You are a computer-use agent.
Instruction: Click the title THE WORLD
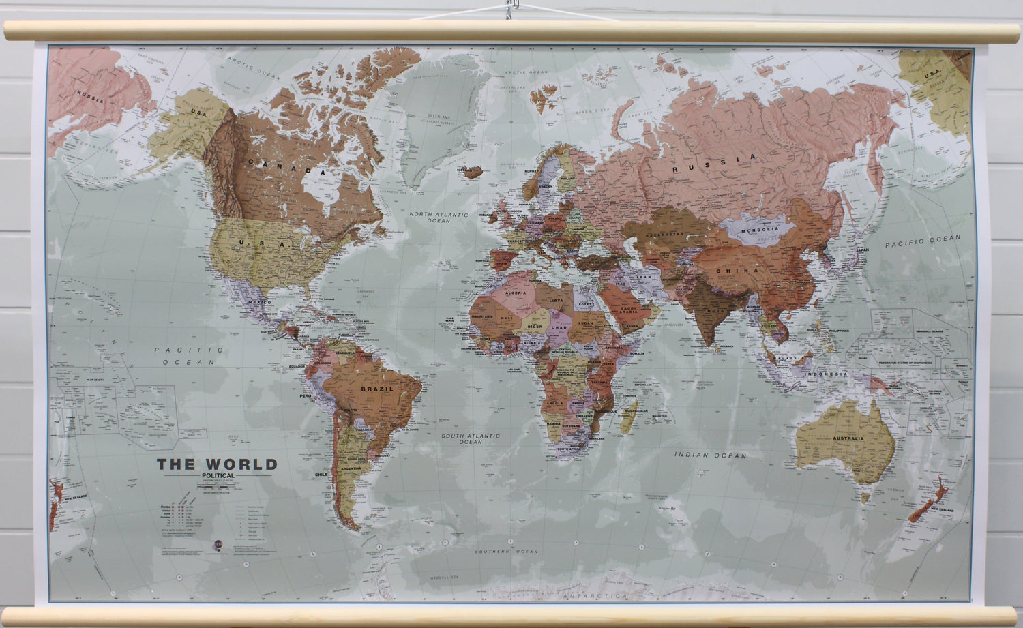[217, 464]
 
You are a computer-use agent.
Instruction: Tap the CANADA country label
[287, 167]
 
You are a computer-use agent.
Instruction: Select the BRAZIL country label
[377, 389]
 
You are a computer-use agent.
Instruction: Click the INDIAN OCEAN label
[710, 455]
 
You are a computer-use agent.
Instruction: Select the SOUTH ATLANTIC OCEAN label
[470, 438]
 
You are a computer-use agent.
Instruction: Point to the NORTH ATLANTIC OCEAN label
[439, 217]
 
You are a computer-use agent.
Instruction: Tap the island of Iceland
[473, 172]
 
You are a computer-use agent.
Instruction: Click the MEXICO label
[261, 301]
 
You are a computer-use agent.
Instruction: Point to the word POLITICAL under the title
[218, 475]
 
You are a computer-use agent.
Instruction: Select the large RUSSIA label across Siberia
[714, 163]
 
